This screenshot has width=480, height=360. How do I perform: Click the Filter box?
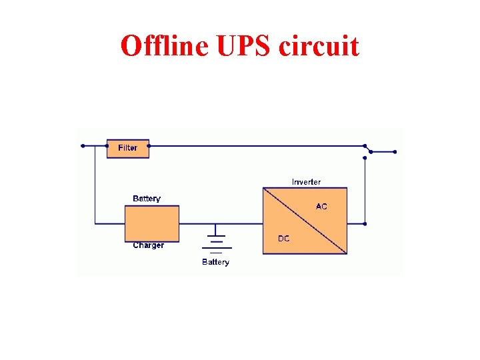coord(127,148)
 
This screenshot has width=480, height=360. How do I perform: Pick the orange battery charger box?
coord(152,223)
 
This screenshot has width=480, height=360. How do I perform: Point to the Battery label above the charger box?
coord(147,199)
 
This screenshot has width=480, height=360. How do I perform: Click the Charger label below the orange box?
coord(148,245)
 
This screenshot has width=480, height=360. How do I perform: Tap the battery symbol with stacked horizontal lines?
coord(215,243)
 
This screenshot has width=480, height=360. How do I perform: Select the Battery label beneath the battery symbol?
coord(215,262)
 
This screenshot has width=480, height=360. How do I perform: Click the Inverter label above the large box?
coord(306,182)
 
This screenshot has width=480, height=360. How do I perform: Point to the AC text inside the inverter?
coord(321,207)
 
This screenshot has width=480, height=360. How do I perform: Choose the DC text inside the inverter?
coord(284,239)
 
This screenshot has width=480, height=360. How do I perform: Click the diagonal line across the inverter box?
coord(305,221)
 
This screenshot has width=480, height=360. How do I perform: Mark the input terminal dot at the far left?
coord(82,145)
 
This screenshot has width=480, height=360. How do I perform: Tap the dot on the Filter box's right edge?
coord(149,145)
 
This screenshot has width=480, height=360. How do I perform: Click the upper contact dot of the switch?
coord(365,145)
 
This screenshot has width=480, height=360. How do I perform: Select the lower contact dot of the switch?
coord(365,158)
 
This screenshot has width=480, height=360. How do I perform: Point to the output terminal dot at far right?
coord(395,152)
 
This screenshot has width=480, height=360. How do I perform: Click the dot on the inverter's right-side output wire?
coord(365,224)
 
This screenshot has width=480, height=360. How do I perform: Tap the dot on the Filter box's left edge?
coord(107,145)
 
